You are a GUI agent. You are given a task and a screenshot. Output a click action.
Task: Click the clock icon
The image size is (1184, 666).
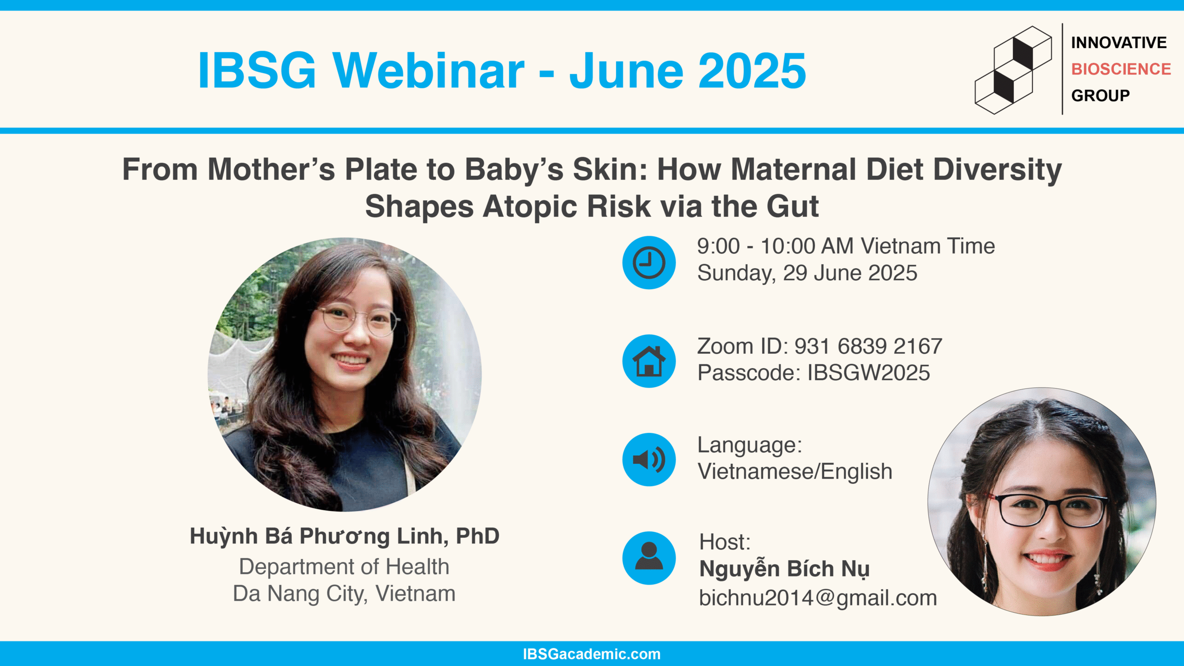pyautogui.click(x=649, y=263)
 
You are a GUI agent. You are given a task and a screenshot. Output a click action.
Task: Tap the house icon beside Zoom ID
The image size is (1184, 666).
pyautogui.click(x=649, y=361)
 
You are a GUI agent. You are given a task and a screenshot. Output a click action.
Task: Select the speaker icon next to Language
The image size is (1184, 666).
pyautogui.click(x=649, y=460)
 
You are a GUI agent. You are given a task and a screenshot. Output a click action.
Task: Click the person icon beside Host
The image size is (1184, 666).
pyautogui.click(x=649, y=558)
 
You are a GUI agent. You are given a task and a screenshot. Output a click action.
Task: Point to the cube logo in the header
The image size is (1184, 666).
pyautogui.click(x=1013, y=70)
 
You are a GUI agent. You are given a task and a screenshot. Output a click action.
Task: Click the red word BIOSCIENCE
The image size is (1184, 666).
pyautogui.click(x=1121, y=69)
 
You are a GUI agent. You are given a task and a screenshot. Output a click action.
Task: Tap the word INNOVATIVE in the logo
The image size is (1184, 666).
pyautogui.click(x=1119, y=43)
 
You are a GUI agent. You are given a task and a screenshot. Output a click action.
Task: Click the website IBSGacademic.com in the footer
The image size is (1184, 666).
pyautogui.click(x=592, y=654)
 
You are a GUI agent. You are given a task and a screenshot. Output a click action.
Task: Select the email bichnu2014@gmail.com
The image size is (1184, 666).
pyautogui.click(x=818, y=598)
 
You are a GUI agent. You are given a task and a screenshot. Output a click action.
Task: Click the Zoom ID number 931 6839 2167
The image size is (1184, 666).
pyautogui.click(x=868, y=346)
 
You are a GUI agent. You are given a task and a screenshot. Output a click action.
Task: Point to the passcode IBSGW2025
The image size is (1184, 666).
pyautogui.click(x=869, y=373)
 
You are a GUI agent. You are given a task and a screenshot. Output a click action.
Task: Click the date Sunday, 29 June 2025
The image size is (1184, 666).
pyautogui.click(x=807, y=273)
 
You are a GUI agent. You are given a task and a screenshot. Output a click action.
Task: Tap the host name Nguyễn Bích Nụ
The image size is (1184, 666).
pyautogui.click(x=784, y=569)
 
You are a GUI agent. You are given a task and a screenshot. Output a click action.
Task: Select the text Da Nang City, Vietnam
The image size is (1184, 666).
pyautogui.click(x=344, y=594)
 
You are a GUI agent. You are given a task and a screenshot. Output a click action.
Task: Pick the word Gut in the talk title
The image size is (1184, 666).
pyautogui.click(x=793, y=206)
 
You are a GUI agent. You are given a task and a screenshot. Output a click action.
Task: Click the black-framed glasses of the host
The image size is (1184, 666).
pyautogui.click(x=1046, y=510)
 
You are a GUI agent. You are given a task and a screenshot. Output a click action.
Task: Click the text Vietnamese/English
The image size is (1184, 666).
pyautogui.click(x=795, y=472)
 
